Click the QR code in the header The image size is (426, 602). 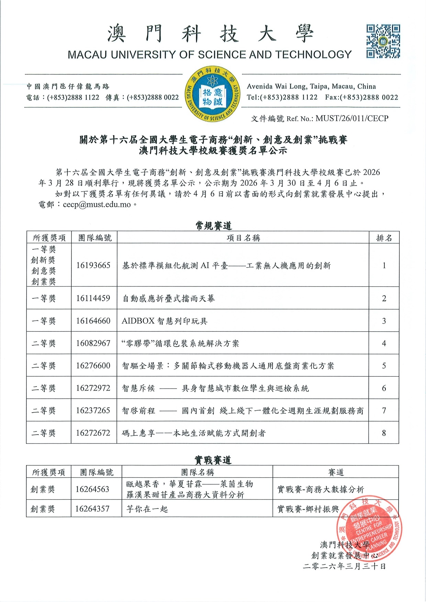point(383,41)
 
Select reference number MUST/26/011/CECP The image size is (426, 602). point(352,119)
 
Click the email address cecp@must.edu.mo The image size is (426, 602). point(97,205)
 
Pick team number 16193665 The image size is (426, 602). point(93,265)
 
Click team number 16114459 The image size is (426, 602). point(93,298)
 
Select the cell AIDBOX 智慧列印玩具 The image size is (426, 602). point(165,321)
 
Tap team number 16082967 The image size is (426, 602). point(93,343)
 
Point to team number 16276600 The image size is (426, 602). point(93,366)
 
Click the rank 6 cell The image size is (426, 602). point(384,388)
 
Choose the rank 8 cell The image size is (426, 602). point(384,433)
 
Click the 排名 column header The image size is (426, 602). point(384,238)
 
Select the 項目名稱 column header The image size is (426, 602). point(243,238)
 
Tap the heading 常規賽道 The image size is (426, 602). point(213,226)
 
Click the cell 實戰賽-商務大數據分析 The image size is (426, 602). point(320,489)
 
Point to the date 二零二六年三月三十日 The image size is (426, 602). point(344,566)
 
